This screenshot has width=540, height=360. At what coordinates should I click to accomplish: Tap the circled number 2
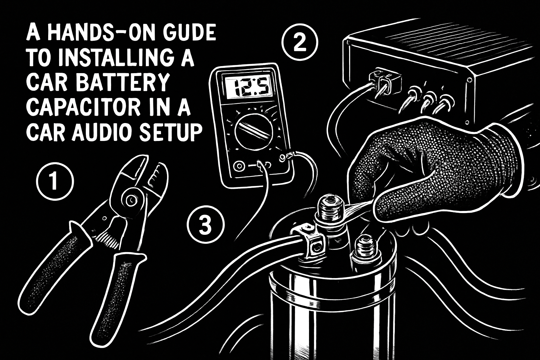300,43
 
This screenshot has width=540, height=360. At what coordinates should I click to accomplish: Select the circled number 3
205,224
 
